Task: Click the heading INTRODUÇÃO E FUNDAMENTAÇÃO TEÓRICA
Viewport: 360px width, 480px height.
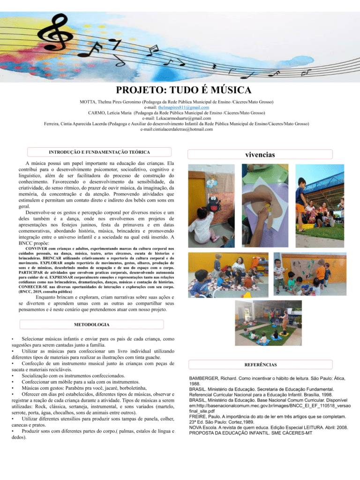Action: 99,152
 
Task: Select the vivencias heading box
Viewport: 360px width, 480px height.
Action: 260,154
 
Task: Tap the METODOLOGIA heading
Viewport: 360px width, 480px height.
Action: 92,324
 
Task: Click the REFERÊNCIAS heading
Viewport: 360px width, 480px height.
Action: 260,365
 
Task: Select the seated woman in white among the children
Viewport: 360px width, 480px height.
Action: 238,265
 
